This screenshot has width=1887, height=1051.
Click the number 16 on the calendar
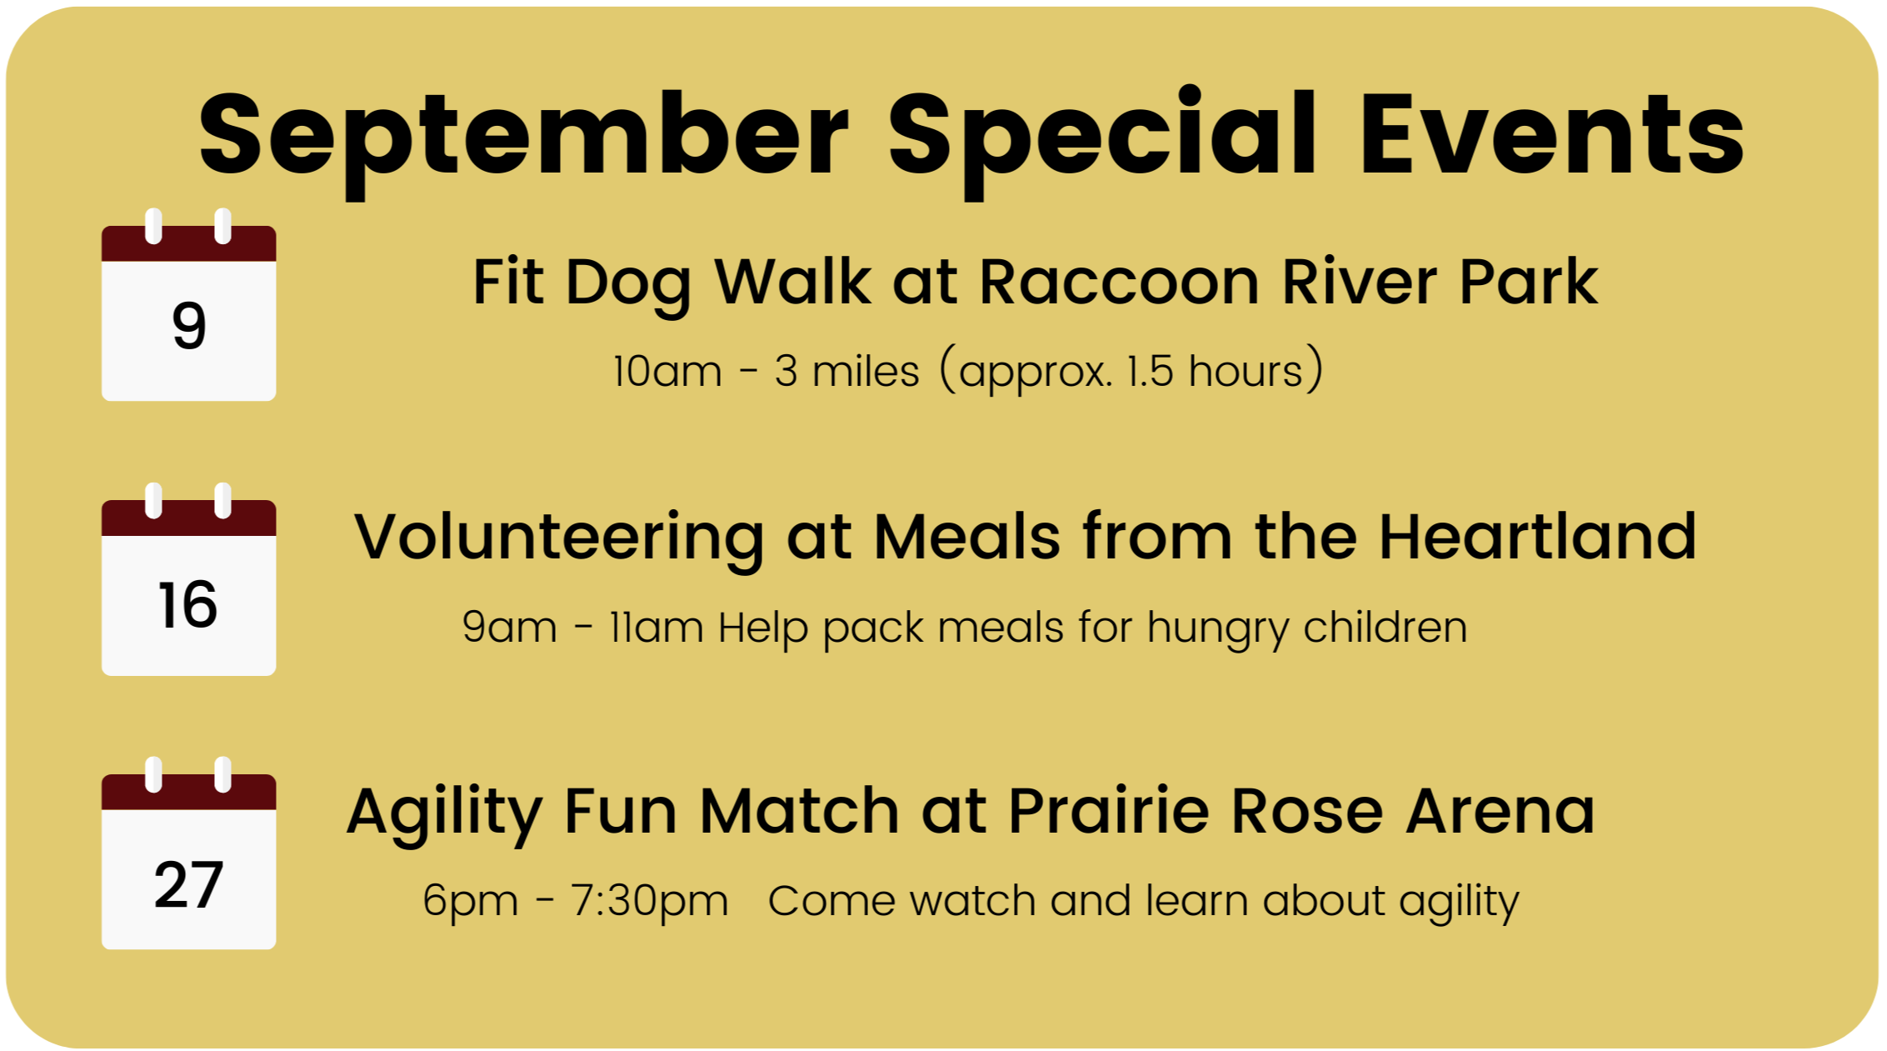click(x=187, y=604)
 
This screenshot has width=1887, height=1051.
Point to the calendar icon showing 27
click(x=189, y=853)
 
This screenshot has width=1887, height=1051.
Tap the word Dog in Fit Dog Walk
click(x=629, y=284)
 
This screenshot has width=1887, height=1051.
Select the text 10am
click(x=667, y=371)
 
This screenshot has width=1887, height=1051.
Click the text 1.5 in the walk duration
click(x=1151, y=371)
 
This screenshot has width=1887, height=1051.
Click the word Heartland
click(x=1537, y=536)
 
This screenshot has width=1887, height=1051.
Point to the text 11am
click(x=656, y=627)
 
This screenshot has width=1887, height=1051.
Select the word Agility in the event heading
click(x=445, y=813)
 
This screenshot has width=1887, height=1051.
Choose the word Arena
click(x=1500, y=811)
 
